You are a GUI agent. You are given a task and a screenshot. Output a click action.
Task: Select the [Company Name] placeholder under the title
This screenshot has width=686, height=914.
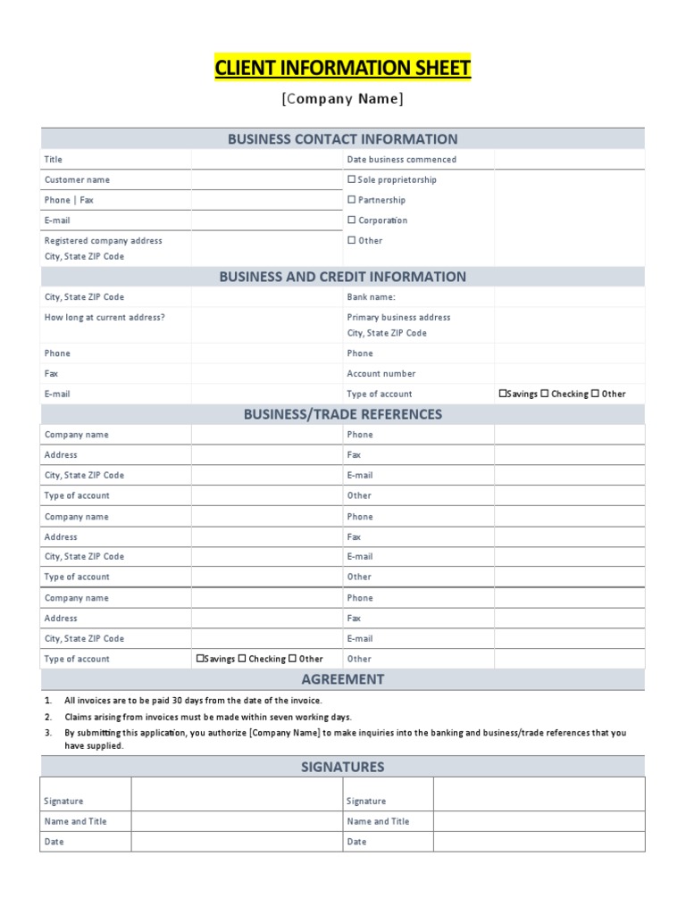[x=342, y=99]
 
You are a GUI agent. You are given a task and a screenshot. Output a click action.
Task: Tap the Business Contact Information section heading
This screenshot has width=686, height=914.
[x=342, y=138]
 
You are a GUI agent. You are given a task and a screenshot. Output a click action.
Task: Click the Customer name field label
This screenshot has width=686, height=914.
[x=77, y=179]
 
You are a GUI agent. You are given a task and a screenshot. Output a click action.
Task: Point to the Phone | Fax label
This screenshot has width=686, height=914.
[x=69, y=200]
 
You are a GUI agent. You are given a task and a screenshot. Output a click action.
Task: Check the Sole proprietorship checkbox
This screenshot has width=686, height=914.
[x=351, y=179]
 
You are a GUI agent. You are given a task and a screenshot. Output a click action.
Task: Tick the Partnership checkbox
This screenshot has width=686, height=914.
[x=351, y=200]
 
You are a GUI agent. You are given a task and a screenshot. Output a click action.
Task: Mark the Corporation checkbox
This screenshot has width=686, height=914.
[x=351, y=220]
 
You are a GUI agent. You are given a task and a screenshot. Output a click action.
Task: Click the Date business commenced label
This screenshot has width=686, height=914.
[x=401, y=159]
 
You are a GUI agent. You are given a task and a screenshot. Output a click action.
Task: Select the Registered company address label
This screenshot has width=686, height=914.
[x=103, y=240]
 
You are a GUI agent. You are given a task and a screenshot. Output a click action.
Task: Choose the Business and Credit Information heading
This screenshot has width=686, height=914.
[x=342, y=277]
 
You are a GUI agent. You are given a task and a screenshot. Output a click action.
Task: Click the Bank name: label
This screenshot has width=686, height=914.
[x=371, y=296]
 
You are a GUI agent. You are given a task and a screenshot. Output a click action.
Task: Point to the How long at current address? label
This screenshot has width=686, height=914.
[x=105, y=317]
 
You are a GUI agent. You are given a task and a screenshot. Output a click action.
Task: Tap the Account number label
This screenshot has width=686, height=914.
[x=381, y=373]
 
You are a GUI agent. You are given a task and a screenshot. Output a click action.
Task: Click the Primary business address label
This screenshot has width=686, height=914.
[x=398, y=317]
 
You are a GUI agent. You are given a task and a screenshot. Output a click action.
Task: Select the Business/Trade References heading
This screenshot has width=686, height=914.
[x=342, y=414]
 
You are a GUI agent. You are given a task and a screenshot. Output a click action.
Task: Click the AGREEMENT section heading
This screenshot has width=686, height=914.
[x=342, y=679]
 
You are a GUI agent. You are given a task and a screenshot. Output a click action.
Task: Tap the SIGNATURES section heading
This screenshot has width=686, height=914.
[x=342, y=767]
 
